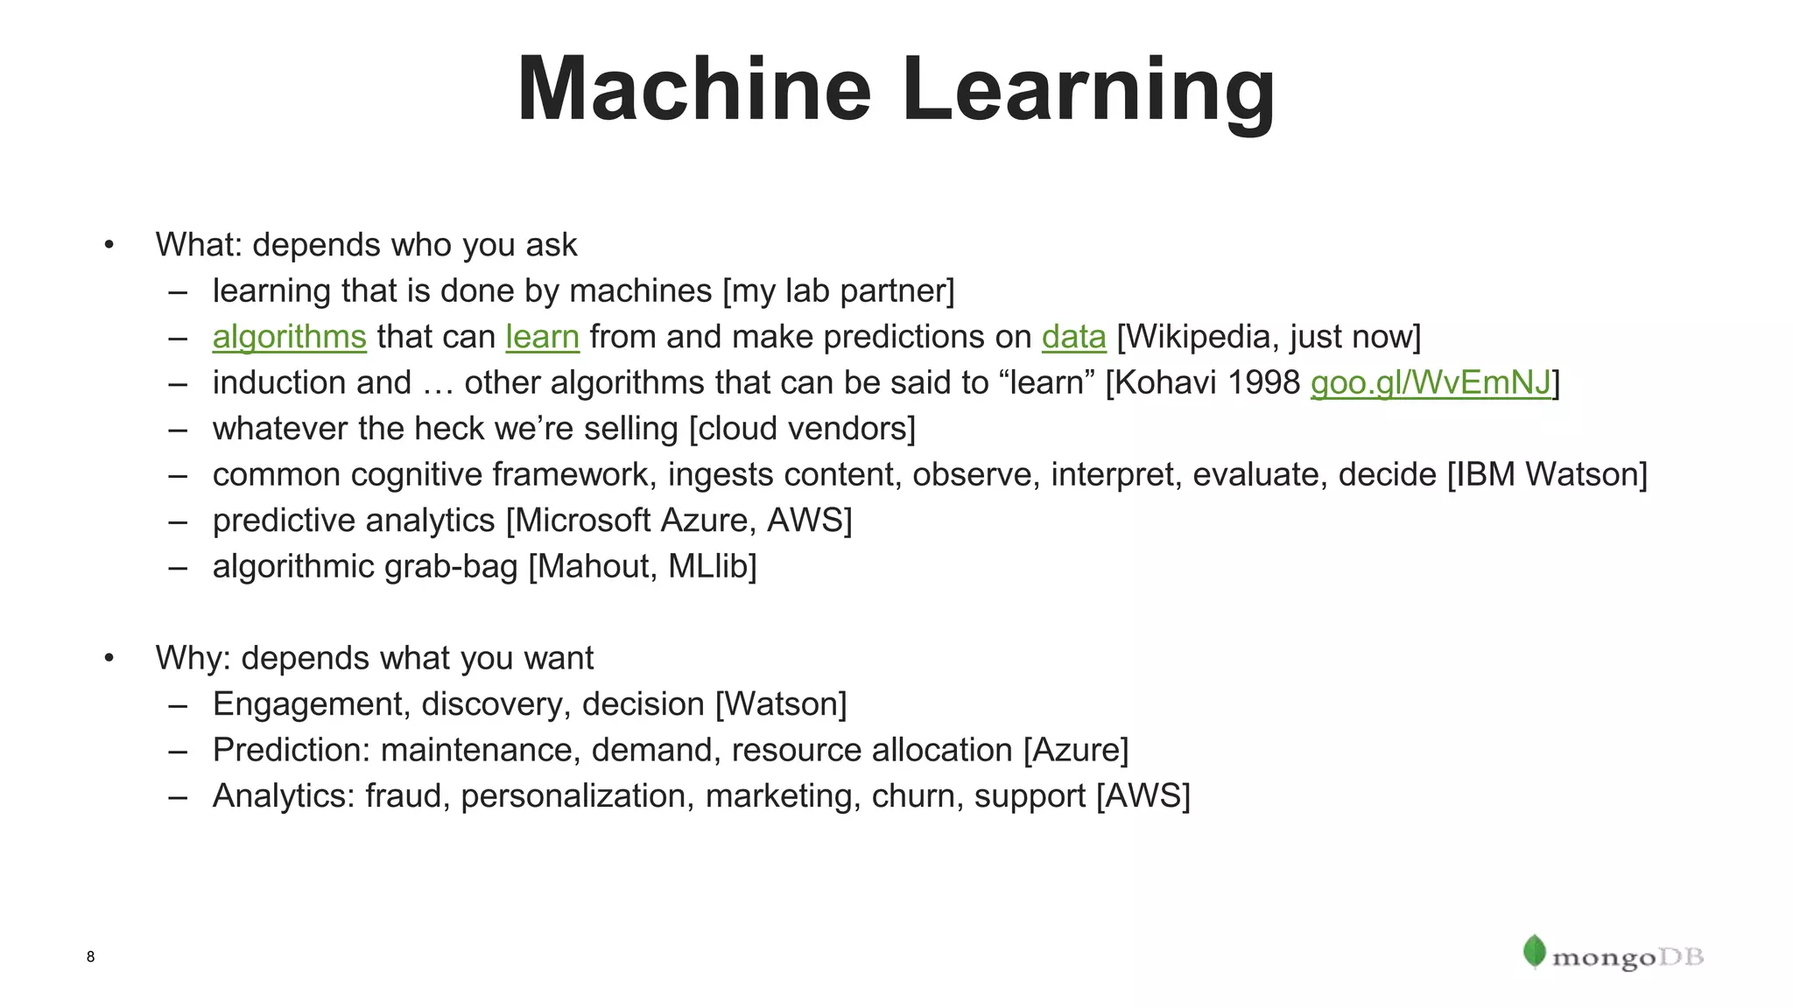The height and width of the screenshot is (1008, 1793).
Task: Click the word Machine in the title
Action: [x=694, y=89]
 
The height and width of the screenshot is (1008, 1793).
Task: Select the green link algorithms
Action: [x=289, y=337]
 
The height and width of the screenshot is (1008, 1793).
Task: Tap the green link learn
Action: [x=542, y=337]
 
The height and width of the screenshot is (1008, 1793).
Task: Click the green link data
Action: [x=1073, y=337]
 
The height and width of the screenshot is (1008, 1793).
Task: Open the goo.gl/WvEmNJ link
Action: [x=1431, y=383]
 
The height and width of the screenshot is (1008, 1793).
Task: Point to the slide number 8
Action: [x=90, y=956]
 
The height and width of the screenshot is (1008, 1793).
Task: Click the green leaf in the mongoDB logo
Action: [x=1534, y=951]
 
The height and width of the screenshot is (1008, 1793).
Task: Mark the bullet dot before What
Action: [x=109, y=245]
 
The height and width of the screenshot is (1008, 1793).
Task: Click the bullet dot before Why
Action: [x=109, y=658]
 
